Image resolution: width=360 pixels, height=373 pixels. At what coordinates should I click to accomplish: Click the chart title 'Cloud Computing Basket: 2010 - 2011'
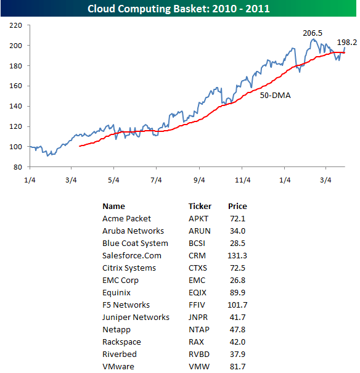(179, 9)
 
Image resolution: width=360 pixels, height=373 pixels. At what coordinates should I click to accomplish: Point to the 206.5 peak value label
(313, 32)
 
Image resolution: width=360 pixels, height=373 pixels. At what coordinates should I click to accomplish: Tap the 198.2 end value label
(347, 43)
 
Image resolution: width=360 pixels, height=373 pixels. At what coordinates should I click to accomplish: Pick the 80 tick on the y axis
(18, 167)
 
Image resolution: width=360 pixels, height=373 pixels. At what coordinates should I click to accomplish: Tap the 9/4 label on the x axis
(199, 180)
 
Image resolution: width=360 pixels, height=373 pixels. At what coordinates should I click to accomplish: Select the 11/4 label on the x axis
(242, 180)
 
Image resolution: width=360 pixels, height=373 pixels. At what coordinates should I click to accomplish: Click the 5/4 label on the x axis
(113, 180)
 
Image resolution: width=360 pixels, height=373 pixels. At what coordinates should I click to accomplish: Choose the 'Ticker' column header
(200, 207)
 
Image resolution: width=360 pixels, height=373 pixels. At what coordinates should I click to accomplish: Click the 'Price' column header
(237, 207)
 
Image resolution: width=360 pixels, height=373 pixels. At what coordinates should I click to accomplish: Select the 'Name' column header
(113, 207)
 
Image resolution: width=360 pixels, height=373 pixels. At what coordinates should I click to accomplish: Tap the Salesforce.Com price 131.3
(237, 256)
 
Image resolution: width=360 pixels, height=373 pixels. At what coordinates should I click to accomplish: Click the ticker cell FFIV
(197, 305)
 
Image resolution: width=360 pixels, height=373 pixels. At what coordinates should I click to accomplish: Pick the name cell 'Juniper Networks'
(136, 318)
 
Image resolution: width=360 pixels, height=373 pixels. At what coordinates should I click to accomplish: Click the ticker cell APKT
(198, 219)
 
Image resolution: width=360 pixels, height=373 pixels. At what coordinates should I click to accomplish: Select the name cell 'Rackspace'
(121, 342)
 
